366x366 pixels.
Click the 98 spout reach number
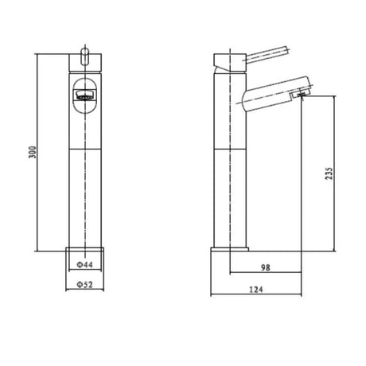pos(264,268)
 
